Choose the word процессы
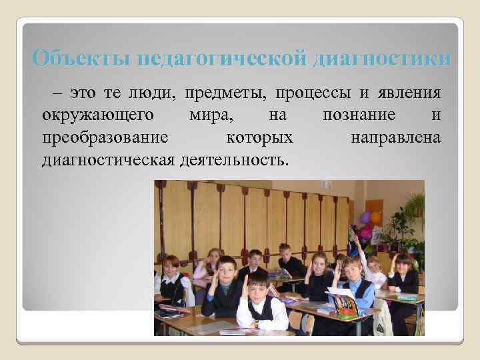tap(310, 93)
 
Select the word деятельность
tap(237, 160)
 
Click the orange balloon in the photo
tap(376, 217)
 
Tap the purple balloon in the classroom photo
tap(365, 218)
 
